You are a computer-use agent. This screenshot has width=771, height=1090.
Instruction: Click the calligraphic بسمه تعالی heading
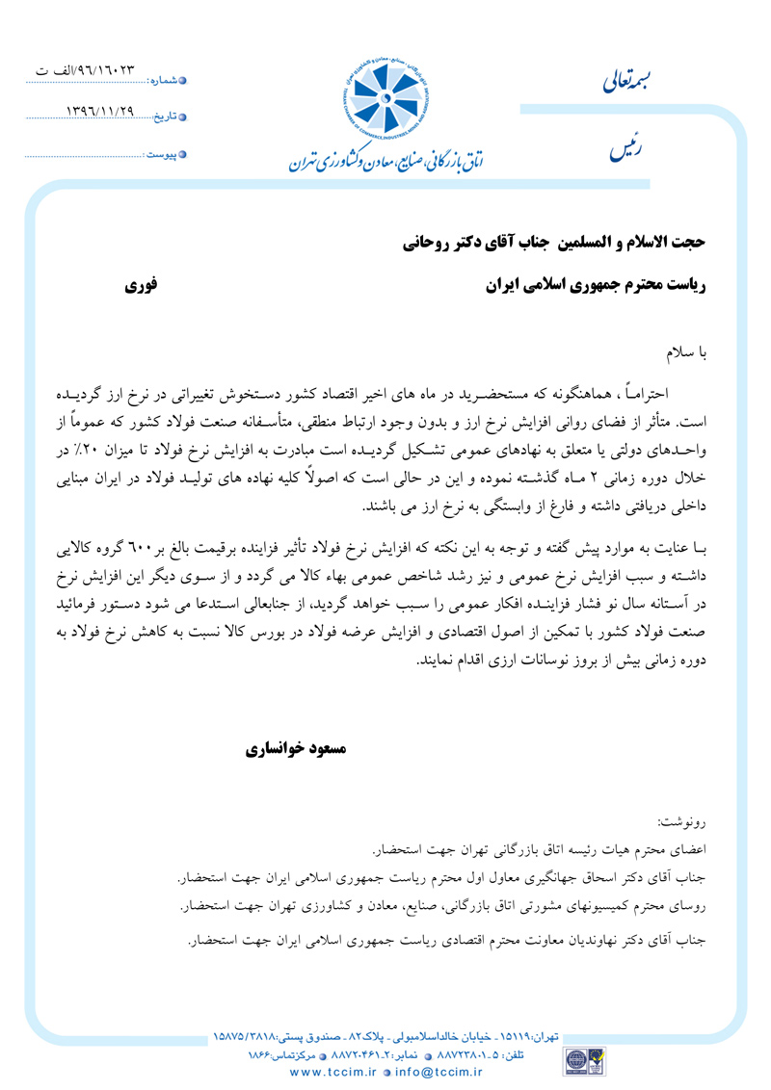(637, 84)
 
